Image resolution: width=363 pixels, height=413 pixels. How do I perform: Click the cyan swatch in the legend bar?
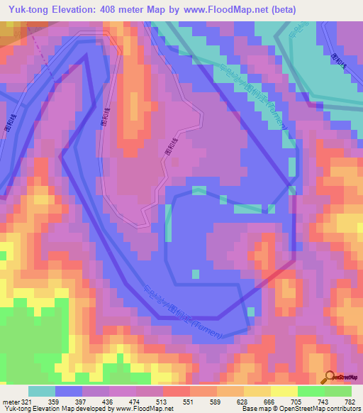pyautogui.click(x=41, y=391)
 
